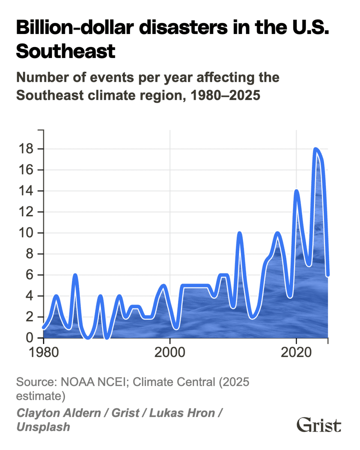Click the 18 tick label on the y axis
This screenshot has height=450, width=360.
click(26, 149)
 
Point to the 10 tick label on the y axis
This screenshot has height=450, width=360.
click(26, 233)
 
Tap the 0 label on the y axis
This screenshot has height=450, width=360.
click(30, 338)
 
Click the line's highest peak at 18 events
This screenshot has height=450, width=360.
click(315, 149)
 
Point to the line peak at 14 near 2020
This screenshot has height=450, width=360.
click(296, 191)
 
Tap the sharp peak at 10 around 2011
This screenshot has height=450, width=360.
click(239, 233)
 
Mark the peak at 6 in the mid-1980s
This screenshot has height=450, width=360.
click(75, 275)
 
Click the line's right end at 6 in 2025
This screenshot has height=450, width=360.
click(328, 275)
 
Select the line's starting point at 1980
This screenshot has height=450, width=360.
click(44, 327)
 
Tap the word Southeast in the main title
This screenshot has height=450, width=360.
click(66, 51)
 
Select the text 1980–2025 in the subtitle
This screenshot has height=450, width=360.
click(225, 95)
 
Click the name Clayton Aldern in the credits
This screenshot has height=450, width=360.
click(58, 413)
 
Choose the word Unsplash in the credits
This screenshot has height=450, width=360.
click(43, 427)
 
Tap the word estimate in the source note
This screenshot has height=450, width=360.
click(39, 396)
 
